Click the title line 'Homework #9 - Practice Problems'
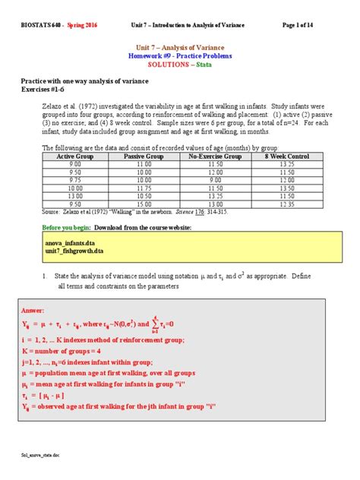[x=179, y=55]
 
